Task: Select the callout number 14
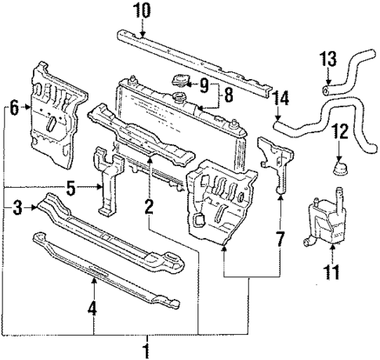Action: [282, 99]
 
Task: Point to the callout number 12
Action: [339, 131]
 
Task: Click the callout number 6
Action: [13, 109]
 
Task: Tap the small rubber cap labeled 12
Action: [339, 171]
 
